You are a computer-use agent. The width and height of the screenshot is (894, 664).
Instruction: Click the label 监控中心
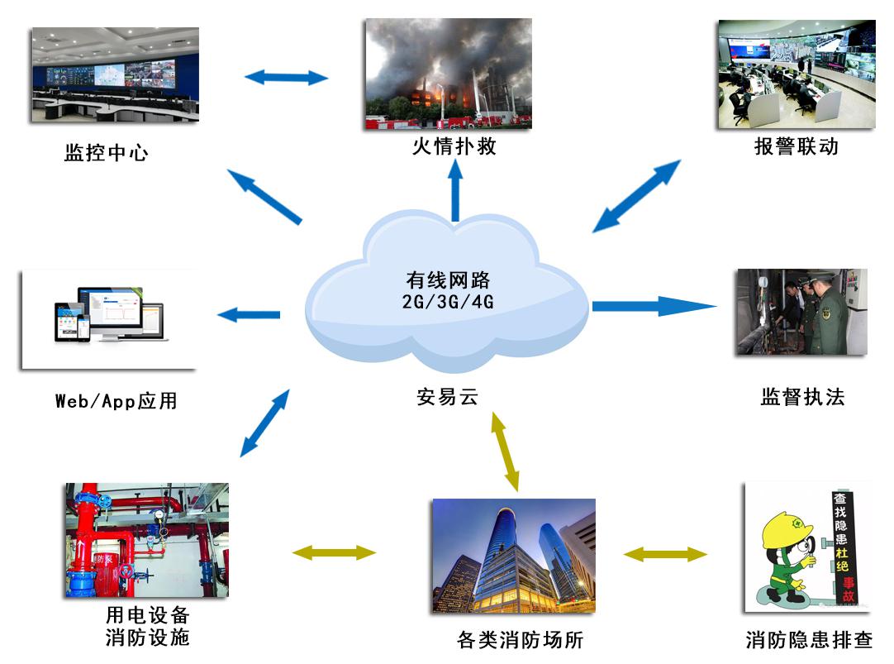[x=107, y=153]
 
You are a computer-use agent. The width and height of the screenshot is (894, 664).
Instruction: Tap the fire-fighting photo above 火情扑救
[x=448, y=74]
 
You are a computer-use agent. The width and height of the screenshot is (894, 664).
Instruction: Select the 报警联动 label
[x=796, y=147]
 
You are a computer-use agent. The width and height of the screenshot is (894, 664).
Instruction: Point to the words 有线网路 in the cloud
[x=448, y=280]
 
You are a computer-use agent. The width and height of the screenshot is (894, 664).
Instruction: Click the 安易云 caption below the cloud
[x=448, y=398]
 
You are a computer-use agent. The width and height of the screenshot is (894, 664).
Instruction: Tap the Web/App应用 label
[x=116, y=402]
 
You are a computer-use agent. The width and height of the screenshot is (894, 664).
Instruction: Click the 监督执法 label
[x=802, y=397]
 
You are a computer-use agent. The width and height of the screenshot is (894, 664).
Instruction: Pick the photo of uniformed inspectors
[x=801, y=312]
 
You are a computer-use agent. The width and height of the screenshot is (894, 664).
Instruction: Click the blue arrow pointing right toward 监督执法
[x=653, y=307]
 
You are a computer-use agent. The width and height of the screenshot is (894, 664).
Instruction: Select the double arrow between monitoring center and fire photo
[x=287, y=78]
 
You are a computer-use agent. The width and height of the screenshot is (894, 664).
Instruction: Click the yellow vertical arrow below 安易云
[x=506, y=451]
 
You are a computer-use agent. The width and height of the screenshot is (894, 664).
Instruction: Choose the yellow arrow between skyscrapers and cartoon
[x=665, y=554]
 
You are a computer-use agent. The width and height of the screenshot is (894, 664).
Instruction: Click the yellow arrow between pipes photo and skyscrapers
[x=335, y=552]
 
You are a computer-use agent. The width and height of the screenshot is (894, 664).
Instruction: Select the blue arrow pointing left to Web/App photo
[x=248, y=315]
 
